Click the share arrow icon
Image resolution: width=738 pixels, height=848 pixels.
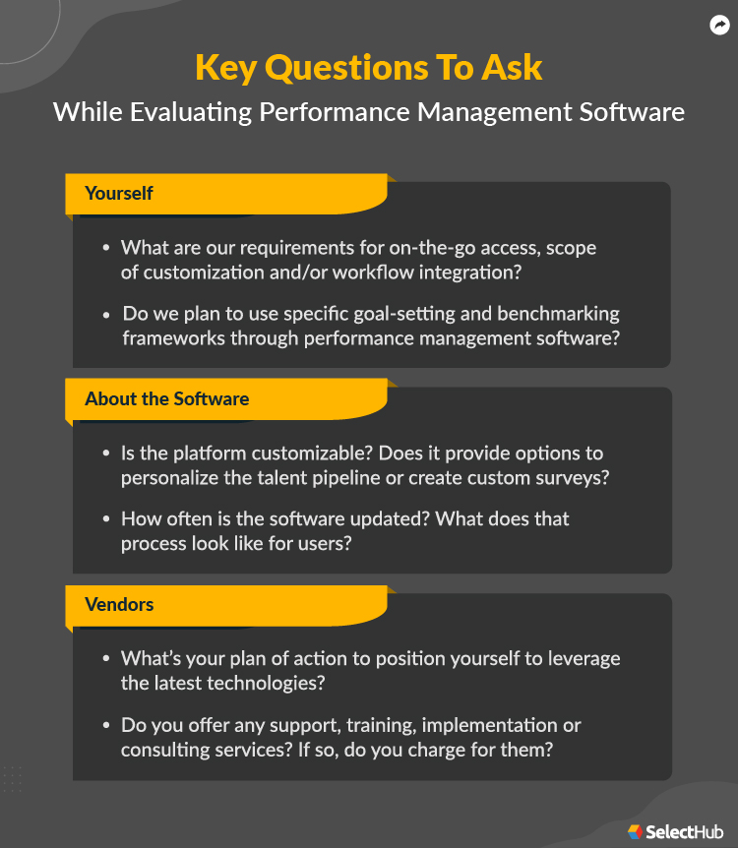tap(719, 26)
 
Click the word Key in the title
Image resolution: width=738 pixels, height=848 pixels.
tap(226, 67)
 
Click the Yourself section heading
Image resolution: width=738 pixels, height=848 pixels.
tap(119, 193)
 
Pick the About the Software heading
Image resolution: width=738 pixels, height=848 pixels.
tap(166, 398)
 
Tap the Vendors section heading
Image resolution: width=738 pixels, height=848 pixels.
tap(119, 604)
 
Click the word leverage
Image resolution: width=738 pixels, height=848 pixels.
tap(584, 658)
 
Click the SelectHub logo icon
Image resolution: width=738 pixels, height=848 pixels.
tap(635, 832)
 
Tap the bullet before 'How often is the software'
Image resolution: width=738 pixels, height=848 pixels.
tap(106, 519)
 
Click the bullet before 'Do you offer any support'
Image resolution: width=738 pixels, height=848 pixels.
tap(106, 726)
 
